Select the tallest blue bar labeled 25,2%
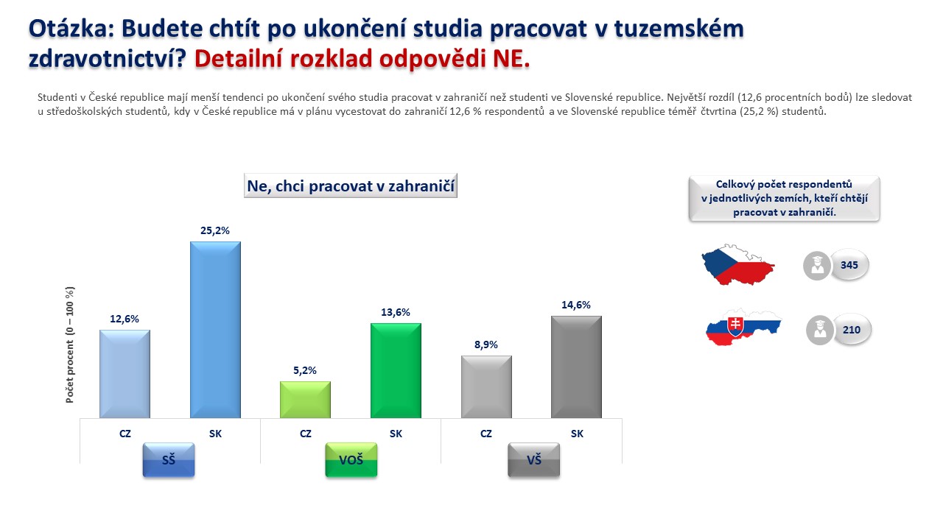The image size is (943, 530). (x=215, y=330)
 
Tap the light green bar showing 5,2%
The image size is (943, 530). (x=305, y=400)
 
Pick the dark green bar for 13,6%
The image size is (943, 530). (x=396, y=370)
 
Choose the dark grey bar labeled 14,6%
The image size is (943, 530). (x=576, y=367)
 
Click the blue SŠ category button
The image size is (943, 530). (x=169, y=460)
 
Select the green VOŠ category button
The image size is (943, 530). (x=351, y=460)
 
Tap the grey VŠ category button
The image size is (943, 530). (x=534, y=460)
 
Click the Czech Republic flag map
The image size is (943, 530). (x=737, y=265)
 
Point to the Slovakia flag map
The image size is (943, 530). (x=743, y=328)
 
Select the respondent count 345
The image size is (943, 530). (x=849, y=265)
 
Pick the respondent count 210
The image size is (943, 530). (x=851, y=330)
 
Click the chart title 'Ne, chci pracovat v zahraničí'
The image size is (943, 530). (x=351, y=185)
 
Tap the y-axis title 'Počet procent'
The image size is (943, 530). (x=70, y=372)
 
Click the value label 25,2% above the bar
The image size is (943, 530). (x=215, y=230)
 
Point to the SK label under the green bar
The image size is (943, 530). (x=396, y=434)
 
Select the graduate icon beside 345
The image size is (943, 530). (x=817, y=266)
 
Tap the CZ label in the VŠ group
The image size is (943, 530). (x=485, y=434)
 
